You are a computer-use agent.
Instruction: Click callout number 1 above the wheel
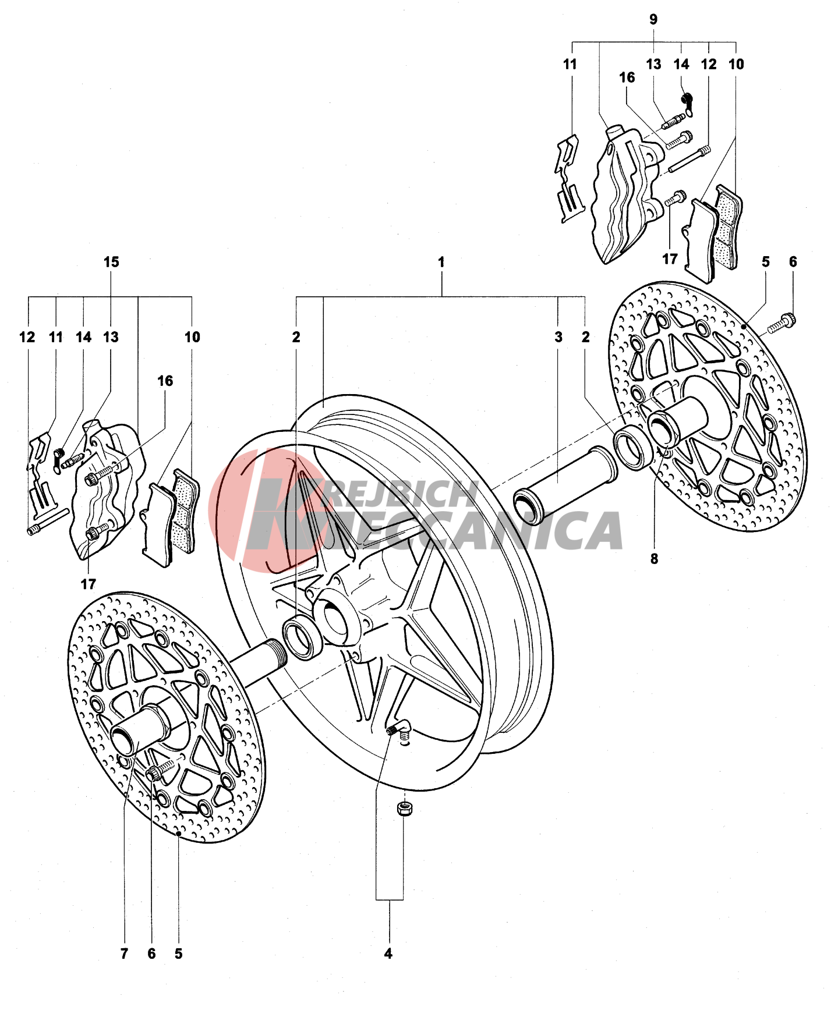441,262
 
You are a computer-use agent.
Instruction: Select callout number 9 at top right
653,19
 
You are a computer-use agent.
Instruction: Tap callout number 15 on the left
111,262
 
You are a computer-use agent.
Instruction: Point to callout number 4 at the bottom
388,953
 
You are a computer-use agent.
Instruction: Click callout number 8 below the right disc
654,559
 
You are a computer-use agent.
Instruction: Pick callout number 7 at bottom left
124,953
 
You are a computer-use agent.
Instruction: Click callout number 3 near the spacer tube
558,336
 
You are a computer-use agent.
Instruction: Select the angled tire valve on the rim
399,728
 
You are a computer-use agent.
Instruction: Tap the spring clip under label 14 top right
688,103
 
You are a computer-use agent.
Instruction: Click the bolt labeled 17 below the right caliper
676,198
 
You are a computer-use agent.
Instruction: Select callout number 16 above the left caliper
165,381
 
